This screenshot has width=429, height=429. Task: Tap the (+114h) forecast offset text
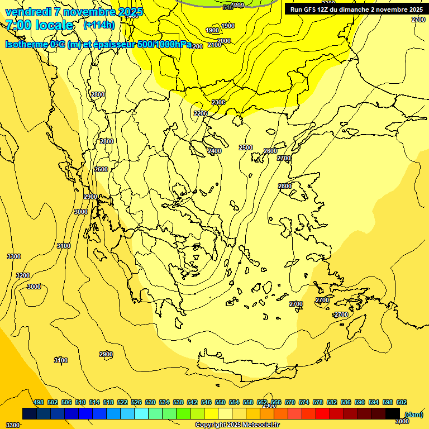[x=99, y=25]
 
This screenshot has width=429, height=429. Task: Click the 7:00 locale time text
[x=39, y=25]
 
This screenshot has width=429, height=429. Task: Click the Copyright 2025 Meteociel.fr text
[x=237, y=425]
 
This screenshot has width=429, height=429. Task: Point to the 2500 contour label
[x=246, y=147]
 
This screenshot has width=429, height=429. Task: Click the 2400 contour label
[x=214, y=151]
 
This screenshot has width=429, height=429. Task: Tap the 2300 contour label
[x=218, y=102]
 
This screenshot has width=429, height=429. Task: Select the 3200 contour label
[x=23, y=275]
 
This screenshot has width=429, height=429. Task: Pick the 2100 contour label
[x=214, y=45]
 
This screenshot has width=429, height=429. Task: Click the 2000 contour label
[x=224, y=41]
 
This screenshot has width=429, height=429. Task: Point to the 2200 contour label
[x=200, y=113]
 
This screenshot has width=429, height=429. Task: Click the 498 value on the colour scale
[x=39, y=402]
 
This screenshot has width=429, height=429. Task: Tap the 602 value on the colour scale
[x=402, y=402]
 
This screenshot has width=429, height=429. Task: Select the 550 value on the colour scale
[x=220, y=402]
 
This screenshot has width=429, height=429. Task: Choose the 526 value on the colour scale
[x=136, y=402]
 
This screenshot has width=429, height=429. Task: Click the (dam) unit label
[x=414, y=414]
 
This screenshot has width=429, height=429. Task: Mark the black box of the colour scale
[x=393, y=414]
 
